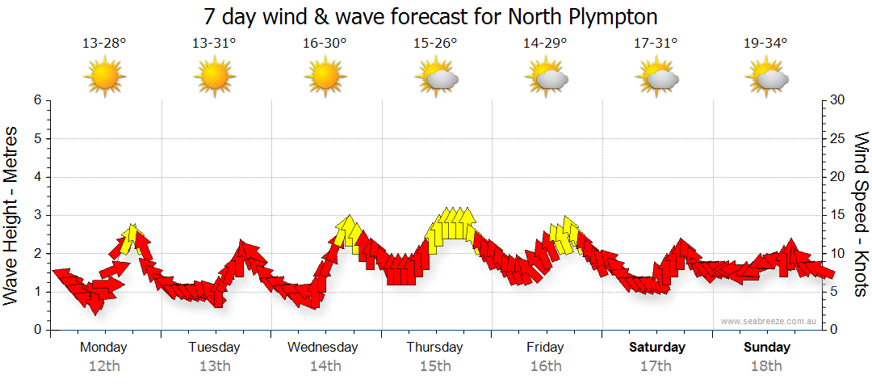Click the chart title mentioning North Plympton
tap(431, 16)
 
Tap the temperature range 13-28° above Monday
tap(104, 43)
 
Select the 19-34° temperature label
tap(765, 43)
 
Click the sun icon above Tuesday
tap(214, 77)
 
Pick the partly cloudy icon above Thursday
tap(436, 77)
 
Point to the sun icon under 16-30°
tap(325, 77)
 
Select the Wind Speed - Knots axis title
tap(861, 214)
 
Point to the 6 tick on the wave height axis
tap(36, 100)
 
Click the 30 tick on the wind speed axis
tap(838, 100)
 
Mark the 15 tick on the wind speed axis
tap(837, 215)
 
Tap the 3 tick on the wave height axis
tap(36, 215)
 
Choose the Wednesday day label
tap(323, 348)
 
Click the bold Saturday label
tap(657, 348)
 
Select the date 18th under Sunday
tap(767, 366)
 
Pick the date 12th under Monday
tap(104, 366)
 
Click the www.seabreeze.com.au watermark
tap(769, 322)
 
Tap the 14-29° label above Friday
tap(545, 43)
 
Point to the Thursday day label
tap(434, 348)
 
